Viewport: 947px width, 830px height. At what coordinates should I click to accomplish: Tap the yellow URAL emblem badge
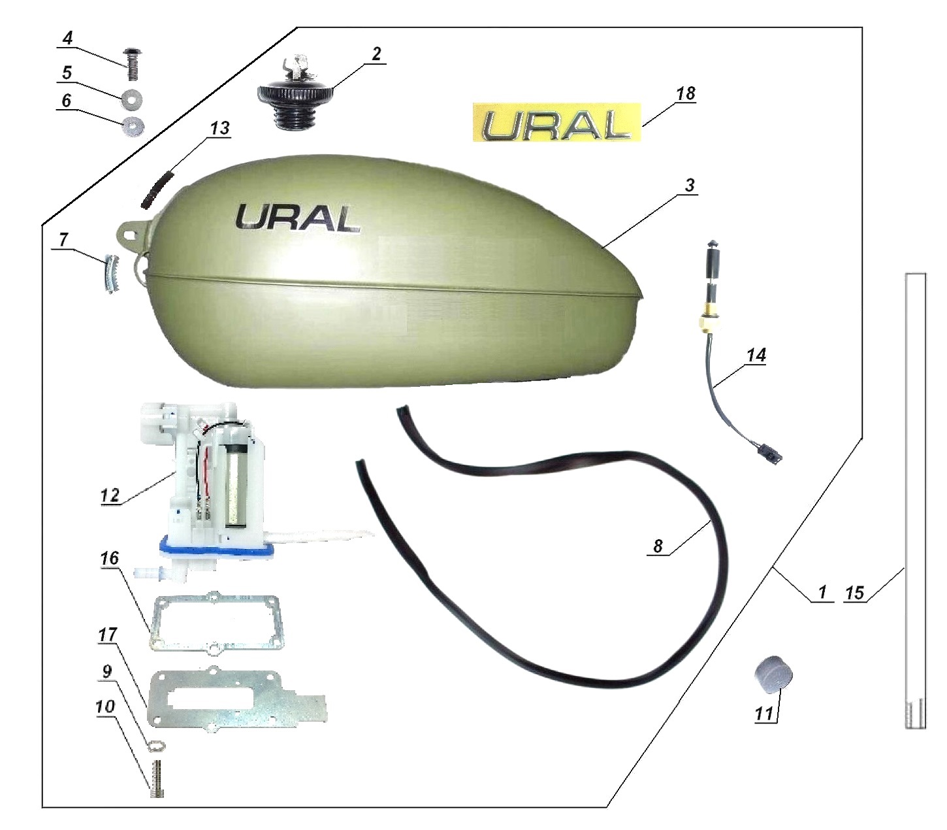point(556,122)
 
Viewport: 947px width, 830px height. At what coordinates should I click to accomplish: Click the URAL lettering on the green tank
point(297,218)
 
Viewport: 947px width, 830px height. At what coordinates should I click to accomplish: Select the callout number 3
point(690,186)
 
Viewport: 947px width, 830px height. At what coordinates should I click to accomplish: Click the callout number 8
point(658,546)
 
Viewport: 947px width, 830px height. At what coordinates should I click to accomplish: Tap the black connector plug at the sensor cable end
point(771,454)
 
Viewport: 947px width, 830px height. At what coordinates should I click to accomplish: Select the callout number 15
point(854,593)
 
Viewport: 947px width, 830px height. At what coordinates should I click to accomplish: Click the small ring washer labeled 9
point(157,745)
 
